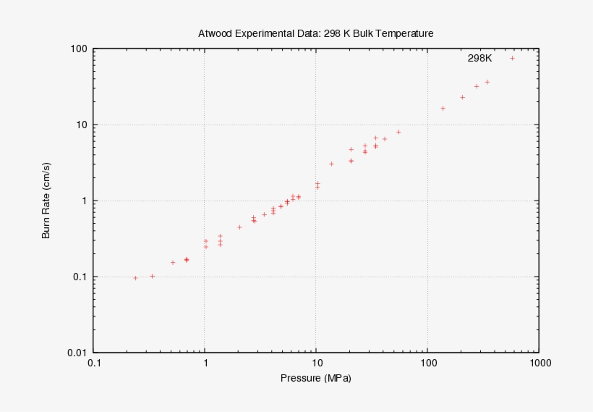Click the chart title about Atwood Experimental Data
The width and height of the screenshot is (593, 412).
[315, 33]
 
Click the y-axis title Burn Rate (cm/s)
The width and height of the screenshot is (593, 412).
[46, 201]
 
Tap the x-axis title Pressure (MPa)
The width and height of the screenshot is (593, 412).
[315, 379]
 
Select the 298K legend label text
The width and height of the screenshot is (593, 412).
[479, 58]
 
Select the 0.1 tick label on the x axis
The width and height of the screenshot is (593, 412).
[93, 363]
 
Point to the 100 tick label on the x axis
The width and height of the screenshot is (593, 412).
[427, 363]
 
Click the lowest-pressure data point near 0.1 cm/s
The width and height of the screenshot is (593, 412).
[135, 278]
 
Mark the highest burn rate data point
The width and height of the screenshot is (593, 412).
[512, 58]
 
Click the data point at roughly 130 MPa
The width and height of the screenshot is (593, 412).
[443, 108]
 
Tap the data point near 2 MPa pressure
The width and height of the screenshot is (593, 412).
[239, 227]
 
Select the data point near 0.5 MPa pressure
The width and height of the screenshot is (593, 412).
[173, 262]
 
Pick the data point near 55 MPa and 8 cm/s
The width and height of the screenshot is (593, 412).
[398, 132]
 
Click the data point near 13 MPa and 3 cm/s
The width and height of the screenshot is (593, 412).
[331, 164]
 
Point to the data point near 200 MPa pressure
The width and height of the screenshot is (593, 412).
[462, 97]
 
